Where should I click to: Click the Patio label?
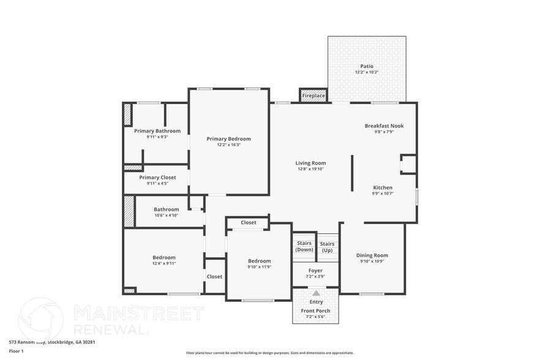point(366,66)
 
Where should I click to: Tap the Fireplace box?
point(313,96)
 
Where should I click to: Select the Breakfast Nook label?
point(384,126)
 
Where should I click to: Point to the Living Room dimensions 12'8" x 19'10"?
point(310,169)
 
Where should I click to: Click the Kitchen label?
point(383,187)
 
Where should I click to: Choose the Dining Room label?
point(372,255)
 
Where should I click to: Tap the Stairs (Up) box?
point(327,247)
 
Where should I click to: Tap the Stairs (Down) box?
point(304,246)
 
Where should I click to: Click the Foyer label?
point(315,270)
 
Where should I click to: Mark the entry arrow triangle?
point(315,293)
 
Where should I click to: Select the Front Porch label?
point(315,310)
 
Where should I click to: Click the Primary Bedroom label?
point(228,139)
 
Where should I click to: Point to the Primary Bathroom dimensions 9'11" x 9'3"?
point(157,137)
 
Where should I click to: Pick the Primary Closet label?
point(157,178)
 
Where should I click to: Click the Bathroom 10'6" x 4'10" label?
point(166,209)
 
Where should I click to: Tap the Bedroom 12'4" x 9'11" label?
point(164,258)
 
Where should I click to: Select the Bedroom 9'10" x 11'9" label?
point(259,261)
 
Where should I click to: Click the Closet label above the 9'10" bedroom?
point(249,222)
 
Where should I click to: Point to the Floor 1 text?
point(16,351)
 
